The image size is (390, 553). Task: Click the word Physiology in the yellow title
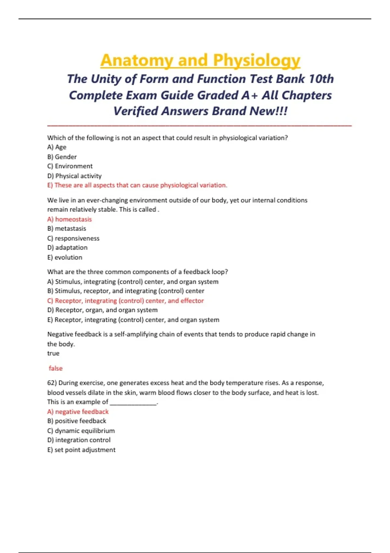[256, 61]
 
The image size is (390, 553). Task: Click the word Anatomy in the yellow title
[137, 61]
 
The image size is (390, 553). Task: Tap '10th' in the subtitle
[321, 79]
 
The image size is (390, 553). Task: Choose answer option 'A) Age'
[57, 147]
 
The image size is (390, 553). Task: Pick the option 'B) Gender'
[62, 157]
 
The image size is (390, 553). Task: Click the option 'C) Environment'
[70, 166]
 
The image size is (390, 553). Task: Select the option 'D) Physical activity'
[74, 176]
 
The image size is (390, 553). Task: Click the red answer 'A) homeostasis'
[70, 219]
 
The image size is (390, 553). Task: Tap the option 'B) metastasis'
[67, 229]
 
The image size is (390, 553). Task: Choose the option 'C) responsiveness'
[73, 238]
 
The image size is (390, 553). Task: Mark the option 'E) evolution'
[65, 257]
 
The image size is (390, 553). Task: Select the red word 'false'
[56, 368]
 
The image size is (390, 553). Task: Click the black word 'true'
[53, 353]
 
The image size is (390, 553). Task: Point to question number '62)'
[52, 383]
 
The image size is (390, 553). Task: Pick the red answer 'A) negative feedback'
[78, 411]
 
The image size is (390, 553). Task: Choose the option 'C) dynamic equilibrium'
[81, 431]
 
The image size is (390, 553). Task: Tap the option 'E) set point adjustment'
[81, 450]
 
